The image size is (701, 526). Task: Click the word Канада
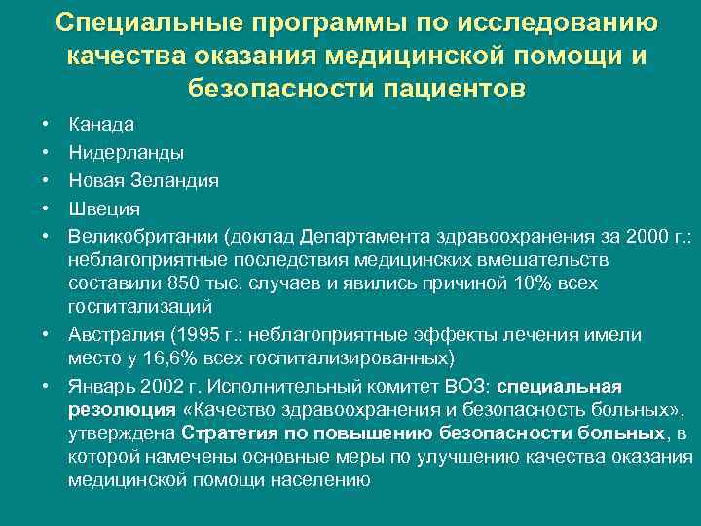101,125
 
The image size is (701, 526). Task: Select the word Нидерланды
126,153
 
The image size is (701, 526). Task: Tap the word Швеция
104,208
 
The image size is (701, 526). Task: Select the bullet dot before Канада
46,125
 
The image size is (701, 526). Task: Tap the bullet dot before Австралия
46,335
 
